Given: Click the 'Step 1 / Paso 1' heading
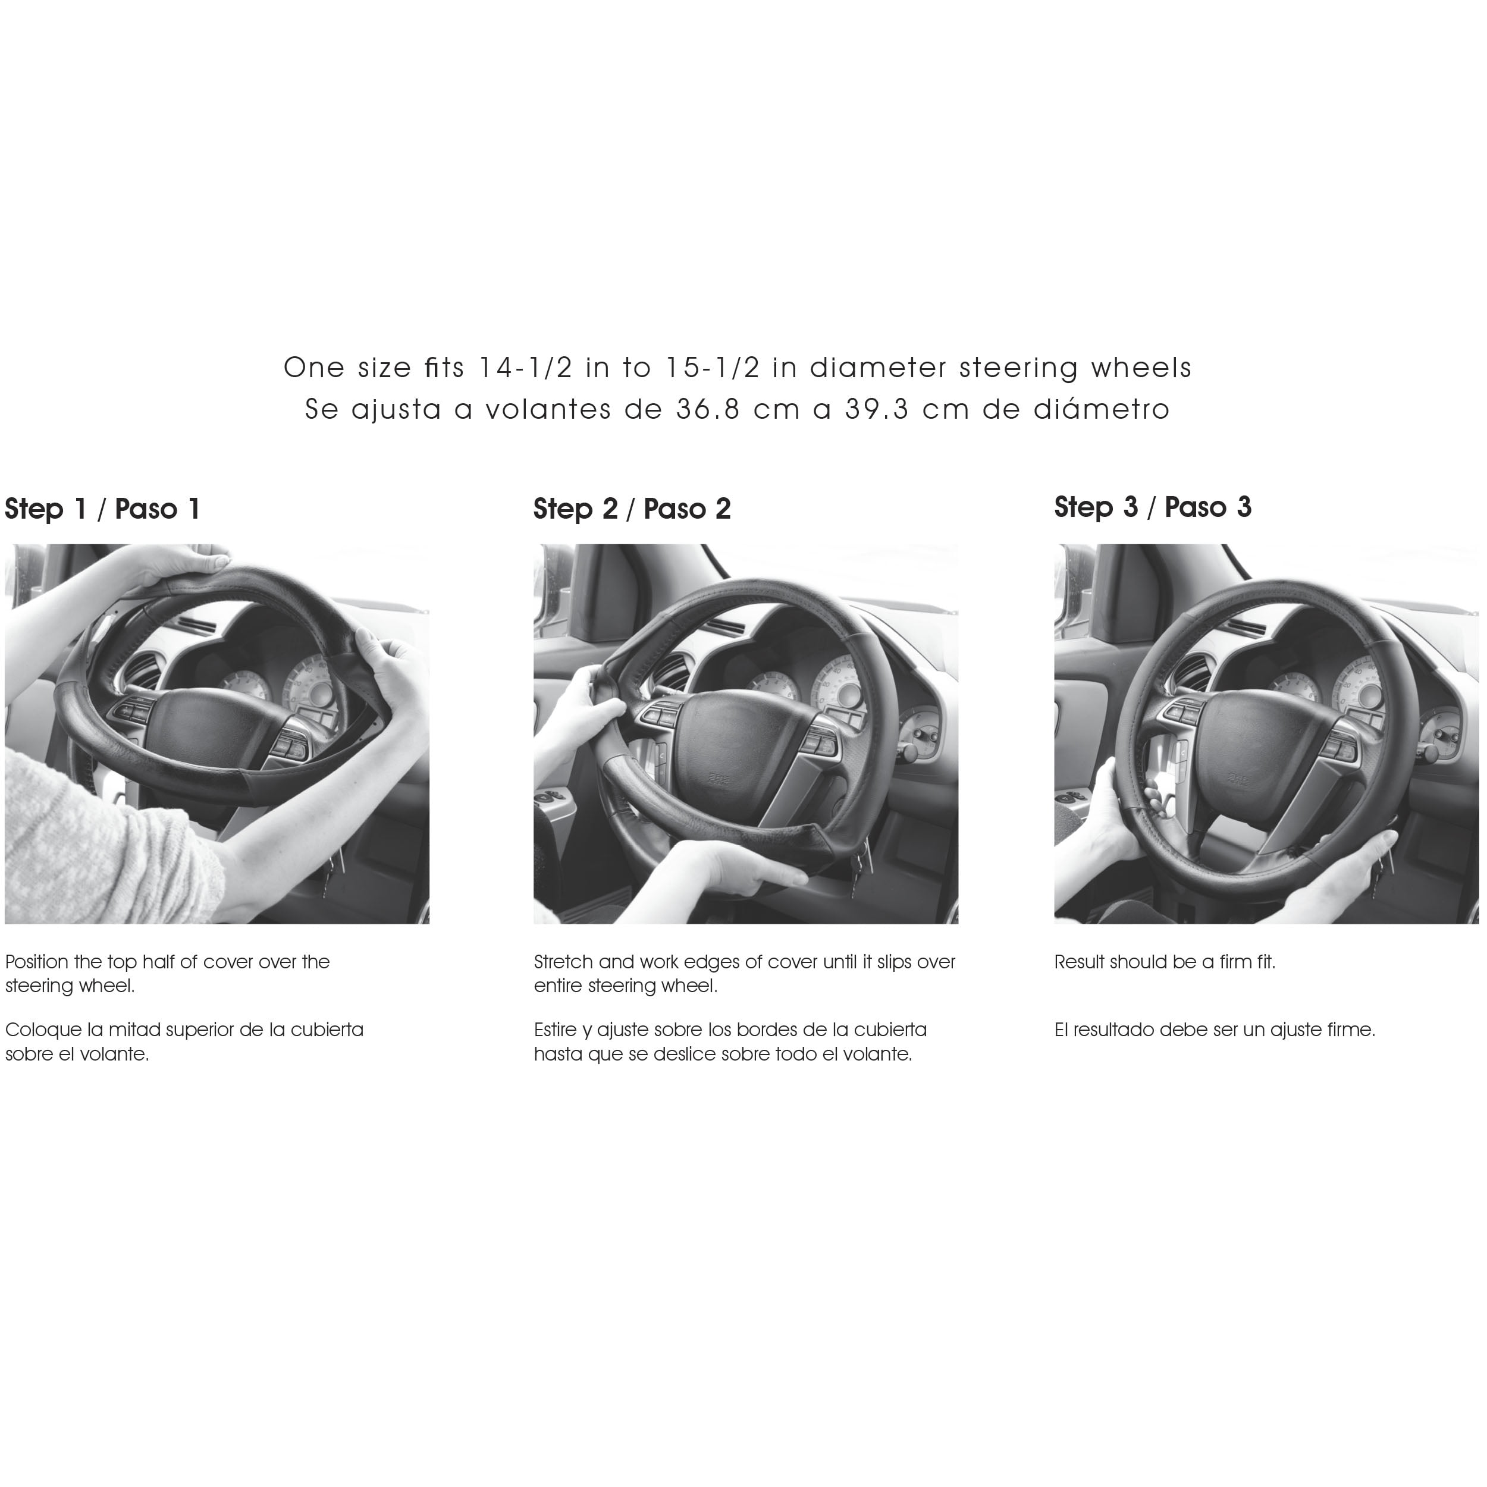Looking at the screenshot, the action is pos(102,509).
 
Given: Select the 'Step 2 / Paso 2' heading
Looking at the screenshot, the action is pos(632,509).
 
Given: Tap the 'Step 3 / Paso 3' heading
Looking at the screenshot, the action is pos(1153,507).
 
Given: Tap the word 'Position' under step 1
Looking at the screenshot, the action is pos(37,962).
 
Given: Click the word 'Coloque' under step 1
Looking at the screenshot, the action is pos(43,1030).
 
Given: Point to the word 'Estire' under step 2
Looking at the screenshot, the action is pos(555,1030).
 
